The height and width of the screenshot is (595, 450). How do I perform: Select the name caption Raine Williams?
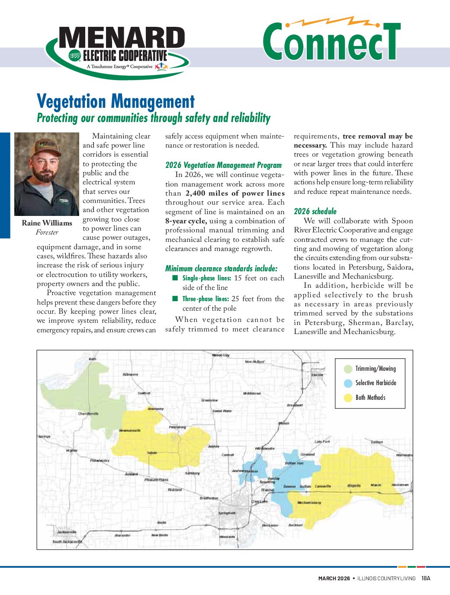click(x=47, y=223)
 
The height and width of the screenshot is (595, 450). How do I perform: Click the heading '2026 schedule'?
click(x=315, y=211)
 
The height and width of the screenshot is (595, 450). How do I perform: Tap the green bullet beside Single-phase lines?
click(x=175, y=278)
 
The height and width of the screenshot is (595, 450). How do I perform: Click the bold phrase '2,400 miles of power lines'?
click(x=235, y=193)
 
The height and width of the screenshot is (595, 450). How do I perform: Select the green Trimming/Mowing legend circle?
click(x=348, y=369)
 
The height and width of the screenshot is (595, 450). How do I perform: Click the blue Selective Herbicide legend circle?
click(x=348, y=383)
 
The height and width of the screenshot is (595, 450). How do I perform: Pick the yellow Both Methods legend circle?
click(x=348, y=398)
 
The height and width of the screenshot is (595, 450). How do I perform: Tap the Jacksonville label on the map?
click(x=67, y=531)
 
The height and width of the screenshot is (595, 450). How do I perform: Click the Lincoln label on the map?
click(x=317, y=375)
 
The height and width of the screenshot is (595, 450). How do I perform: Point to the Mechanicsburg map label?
click(x=309, y=502)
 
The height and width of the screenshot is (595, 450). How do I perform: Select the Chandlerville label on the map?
click(x=88, y=414)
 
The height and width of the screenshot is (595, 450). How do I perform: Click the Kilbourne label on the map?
click(x=131, y=374)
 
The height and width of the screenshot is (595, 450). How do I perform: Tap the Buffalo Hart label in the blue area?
click(x=294, y=463)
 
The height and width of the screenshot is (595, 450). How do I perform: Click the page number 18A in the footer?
click(x=426, y=578)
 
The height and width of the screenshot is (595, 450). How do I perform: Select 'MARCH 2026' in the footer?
click(x=334, y=578)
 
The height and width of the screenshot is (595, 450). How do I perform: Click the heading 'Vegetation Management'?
click(x=116, y=102)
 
